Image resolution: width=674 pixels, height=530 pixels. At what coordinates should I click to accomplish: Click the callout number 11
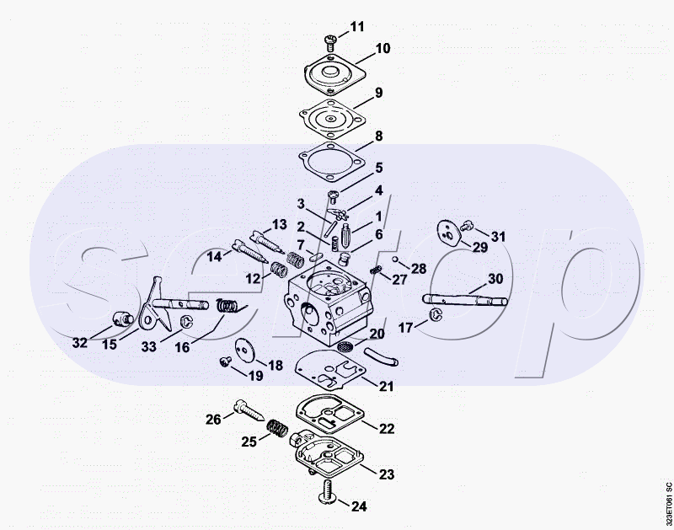356,27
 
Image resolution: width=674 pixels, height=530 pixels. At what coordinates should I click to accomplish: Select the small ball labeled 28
394,260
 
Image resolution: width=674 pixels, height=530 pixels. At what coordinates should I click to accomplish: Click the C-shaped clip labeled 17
436,314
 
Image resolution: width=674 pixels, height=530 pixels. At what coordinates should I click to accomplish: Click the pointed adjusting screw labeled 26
249,410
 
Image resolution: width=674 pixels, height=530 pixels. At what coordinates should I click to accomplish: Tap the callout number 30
495,279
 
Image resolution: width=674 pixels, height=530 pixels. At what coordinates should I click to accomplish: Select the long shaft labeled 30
465,299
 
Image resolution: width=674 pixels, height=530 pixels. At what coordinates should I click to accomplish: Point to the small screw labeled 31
467,224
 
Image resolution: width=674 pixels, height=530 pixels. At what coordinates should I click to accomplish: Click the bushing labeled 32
121,319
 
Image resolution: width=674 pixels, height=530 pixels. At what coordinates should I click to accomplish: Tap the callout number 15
110,344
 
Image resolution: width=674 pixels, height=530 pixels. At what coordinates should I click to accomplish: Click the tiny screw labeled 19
224,362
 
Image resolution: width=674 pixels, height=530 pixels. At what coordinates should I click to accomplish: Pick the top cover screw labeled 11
330,41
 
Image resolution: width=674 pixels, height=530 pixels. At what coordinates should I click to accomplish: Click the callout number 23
387,474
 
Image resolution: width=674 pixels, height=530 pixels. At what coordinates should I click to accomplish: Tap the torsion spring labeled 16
227,306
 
